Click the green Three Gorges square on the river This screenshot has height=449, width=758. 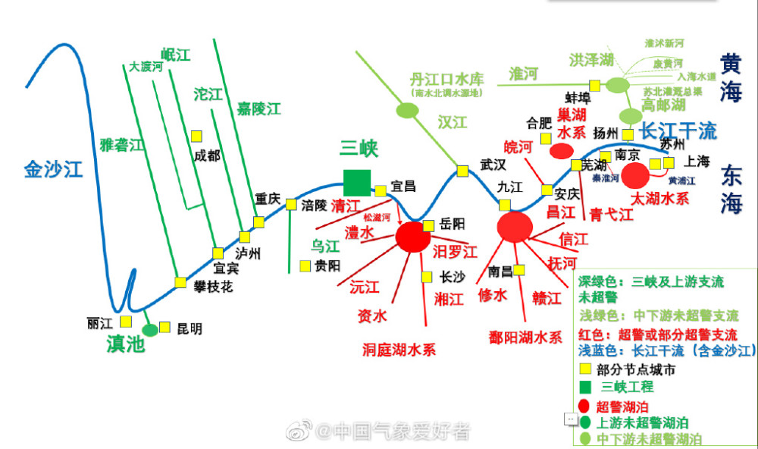coord(357,182)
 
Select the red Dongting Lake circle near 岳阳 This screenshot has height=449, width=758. coord(412,237)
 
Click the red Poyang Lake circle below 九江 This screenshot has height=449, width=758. coord(515,226)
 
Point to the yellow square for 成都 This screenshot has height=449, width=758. coord(196,136)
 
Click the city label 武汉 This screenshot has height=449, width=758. coord(492,165)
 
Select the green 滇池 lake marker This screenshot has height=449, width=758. coord(150,329)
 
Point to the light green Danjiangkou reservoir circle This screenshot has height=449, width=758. coord(408,110)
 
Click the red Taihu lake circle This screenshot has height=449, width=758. coord(635,175)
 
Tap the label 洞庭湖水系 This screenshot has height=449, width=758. coord(399,350)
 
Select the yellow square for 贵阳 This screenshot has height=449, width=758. coord(305,265)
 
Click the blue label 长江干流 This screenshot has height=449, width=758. coord(678,131)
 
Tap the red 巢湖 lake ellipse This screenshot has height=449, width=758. coord(561,151)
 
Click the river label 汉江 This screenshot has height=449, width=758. coord(452,122)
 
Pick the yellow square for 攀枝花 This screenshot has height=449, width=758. coord(180,282)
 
